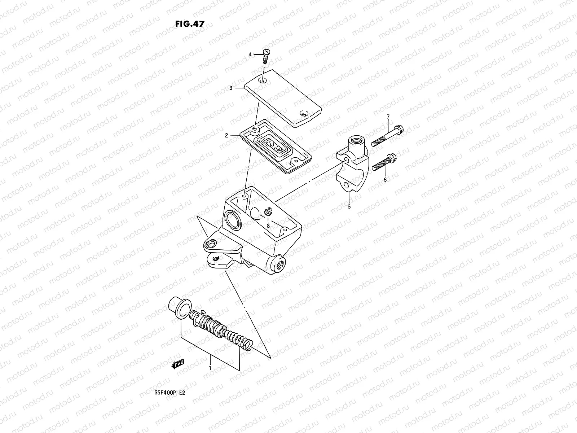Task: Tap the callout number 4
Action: coord(250,54)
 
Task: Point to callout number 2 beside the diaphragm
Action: coord(226,136)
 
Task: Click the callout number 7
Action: coord(388,117)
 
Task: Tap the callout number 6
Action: coord(385,180)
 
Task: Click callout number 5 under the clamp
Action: coord(349,207)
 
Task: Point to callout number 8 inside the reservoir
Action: coord(268,226)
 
